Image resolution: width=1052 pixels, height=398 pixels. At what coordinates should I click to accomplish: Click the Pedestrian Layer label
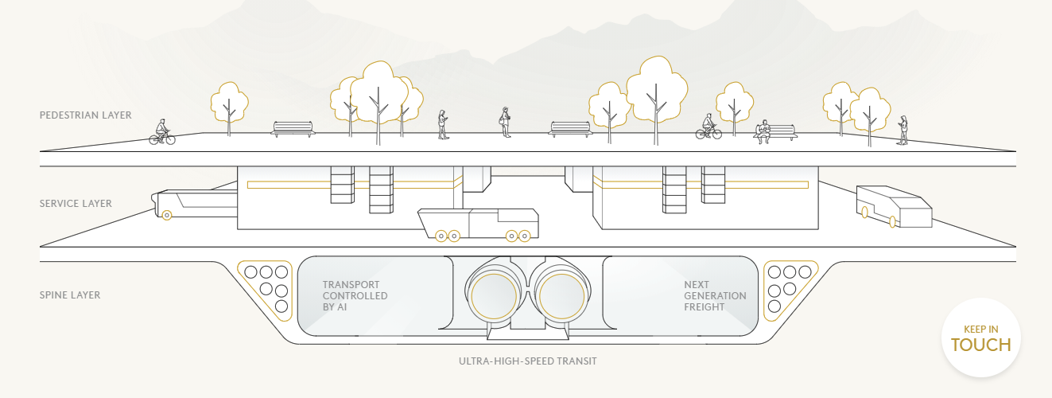pyautogui.click(x=85, y=115)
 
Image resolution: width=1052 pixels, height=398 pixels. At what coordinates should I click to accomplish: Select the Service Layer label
pyautogui.click(x=76, y=204)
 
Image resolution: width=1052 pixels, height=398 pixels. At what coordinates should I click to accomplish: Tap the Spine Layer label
pyautogui.click(x=70, y=295)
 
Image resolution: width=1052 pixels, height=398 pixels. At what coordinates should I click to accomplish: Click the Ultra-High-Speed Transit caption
pyautogui.click(x=527, y=361)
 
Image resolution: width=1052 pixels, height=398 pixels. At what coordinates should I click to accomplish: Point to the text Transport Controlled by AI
pyautogui.click(x=355, y=296)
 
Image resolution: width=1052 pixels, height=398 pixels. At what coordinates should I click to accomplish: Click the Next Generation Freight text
pyautogui.click(x=715, y=296)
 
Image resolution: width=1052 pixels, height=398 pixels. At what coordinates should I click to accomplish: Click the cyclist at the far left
pyautogui.click(x=162, y=132)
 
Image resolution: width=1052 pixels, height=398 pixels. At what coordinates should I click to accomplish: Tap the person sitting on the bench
pyautogui.click(x=763, y=131)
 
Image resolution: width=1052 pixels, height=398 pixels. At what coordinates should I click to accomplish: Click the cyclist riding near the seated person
pyautogui.click(x=708, y=127)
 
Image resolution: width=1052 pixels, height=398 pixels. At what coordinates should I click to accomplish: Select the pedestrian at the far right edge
pyautogui.click(x=903, y=131)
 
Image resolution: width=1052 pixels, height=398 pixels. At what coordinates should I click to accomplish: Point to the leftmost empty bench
pyautogui.click(x=293, y=129)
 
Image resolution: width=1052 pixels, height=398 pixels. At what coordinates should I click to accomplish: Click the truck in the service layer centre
pyautogui.click(x=478, y=225)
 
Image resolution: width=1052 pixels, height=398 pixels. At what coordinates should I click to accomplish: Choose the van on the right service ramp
pyautogui.click(x=894, y=207)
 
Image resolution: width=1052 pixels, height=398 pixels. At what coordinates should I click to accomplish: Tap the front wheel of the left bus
pyautogui.click(x=167, y=215)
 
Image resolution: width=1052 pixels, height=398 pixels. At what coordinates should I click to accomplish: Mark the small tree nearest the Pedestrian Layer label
pyautogui.click(x=229, y=109)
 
